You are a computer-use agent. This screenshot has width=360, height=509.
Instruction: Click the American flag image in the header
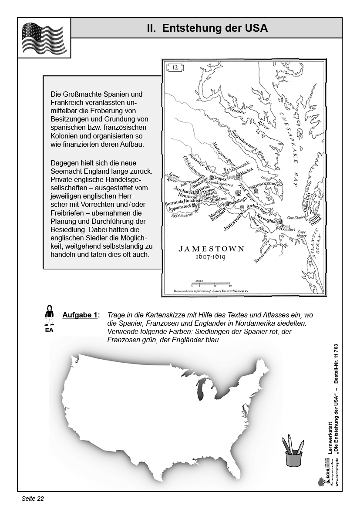[x=44, y=38]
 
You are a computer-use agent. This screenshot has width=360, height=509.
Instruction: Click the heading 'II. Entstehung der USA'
[x=207, y=28]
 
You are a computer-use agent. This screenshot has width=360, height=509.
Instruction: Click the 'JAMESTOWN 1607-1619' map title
[x=211, y=253]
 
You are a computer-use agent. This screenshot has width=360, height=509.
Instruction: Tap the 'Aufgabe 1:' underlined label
[x=81, y=315]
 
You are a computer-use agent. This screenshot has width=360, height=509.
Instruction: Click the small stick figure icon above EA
[x=49, y=315]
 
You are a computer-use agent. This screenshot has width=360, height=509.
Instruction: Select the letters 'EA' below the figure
[x=49, y=330]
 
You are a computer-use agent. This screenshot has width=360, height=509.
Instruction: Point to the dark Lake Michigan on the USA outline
[x=201, y=390]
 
